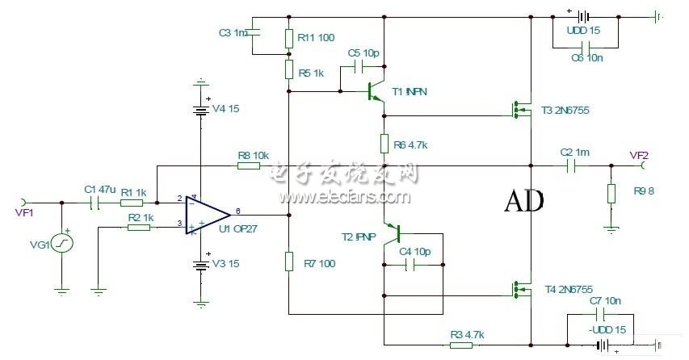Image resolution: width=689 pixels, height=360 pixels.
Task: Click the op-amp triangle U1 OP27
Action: pyautogui.click(x=206, y=215)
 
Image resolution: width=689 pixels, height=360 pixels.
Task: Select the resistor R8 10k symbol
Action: pyautogui.click(x=249, y=165)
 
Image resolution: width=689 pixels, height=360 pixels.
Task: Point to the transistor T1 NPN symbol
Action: pyautogui.click(x=376, y=90)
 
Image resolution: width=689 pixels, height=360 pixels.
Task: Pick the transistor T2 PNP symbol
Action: pyautogui.click(x=396, y=234)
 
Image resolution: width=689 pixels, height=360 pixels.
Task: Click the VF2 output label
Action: pyautogui.click(x=639, y=154)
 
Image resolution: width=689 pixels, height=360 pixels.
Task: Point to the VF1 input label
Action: pyautogui.click(x=24, y=213)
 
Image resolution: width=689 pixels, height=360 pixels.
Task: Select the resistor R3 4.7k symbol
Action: pyautogui.click(x=461, y=345)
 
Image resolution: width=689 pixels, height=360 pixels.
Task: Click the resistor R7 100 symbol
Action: pyautogui.click(x=289, y=262)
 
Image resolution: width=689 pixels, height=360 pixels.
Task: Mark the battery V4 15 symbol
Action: pyautogui.click(x=199, y=109)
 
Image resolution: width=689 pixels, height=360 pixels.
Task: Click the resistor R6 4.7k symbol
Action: pyautogui.click(x=384, y=144)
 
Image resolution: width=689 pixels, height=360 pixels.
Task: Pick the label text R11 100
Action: pyautogui.click(x=317, y=37)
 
